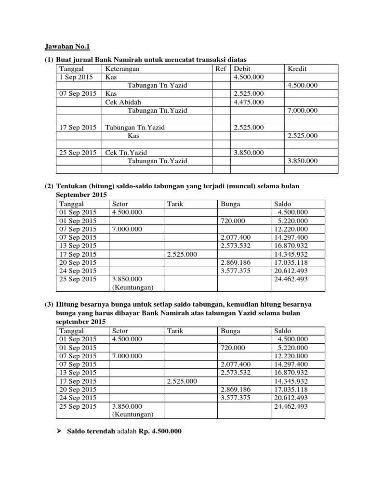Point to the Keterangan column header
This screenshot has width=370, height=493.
coord(122,69)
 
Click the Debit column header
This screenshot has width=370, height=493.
coord(242,69)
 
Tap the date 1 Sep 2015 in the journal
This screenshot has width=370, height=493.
coord(76,77)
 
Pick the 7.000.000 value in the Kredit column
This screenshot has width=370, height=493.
coord(302,111)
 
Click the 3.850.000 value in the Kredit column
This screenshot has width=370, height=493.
coord(302,161)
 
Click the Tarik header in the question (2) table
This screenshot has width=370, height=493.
coord(175,204)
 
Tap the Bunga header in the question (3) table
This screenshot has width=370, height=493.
coord(230,331)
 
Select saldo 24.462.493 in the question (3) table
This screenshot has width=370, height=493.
coord(291,406)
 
